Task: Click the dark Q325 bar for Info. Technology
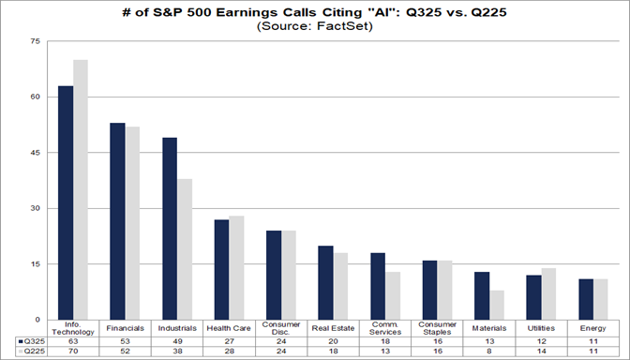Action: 66,202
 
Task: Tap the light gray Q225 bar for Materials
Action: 497,305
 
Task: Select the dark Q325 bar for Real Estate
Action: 325,282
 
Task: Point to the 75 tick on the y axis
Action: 36,42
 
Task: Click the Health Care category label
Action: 229,329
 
